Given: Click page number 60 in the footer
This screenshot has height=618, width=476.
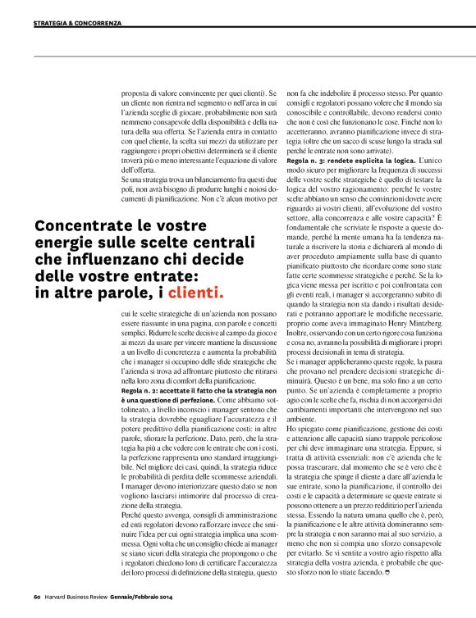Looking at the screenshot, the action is pos(38,596).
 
